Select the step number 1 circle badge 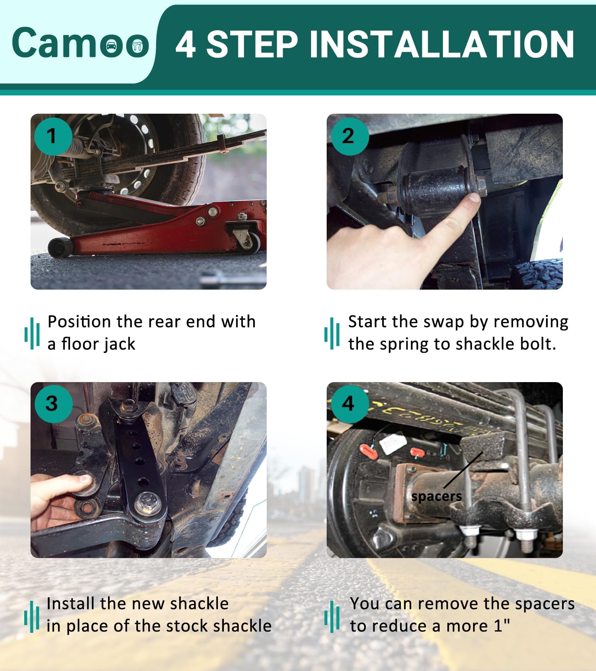pyautogui.click(x=53, y=136)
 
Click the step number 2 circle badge pyautogui.click(x=349, y=136)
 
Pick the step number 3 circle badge pyautogui.click(x=53, y=404)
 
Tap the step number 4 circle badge pyautogui.click(x=349, y=404)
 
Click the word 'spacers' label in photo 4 pyautogui.click(x=437, y=497)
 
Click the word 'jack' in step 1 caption pyautogui.click(x=120, y=344)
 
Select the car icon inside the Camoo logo pyautogui.click(x=111, y=46)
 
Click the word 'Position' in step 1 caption pyautogui.click(x=79, y=322)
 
